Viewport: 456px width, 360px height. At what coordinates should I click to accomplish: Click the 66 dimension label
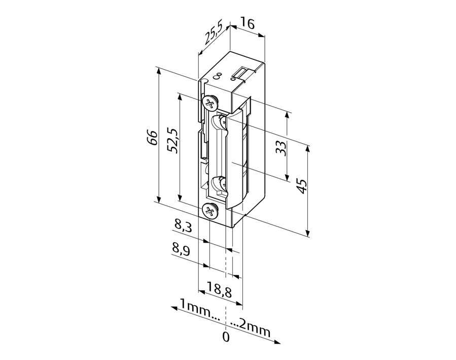pos(152,138)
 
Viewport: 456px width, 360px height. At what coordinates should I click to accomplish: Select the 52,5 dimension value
pos(173,140)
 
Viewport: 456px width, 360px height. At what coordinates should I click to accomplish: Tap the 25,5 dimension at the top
pos(213,33)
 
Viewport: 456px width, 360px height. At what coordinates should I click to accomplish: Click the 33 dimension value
pos(281,148)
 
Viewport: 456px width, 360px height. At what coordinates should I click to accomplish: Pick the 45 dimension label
pos(302,186)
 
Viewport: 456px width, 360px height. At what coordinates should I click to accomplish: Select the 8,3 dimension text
pos(183,225)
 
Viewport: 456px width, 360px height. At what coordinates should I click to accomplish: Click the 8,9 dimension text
pos(181,249)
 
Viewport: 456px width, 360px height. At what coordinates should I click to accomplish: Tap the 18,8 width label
pos(219,290)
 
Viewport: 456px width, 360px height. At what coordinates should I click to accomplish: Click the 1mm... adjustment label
pos(200,310)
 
